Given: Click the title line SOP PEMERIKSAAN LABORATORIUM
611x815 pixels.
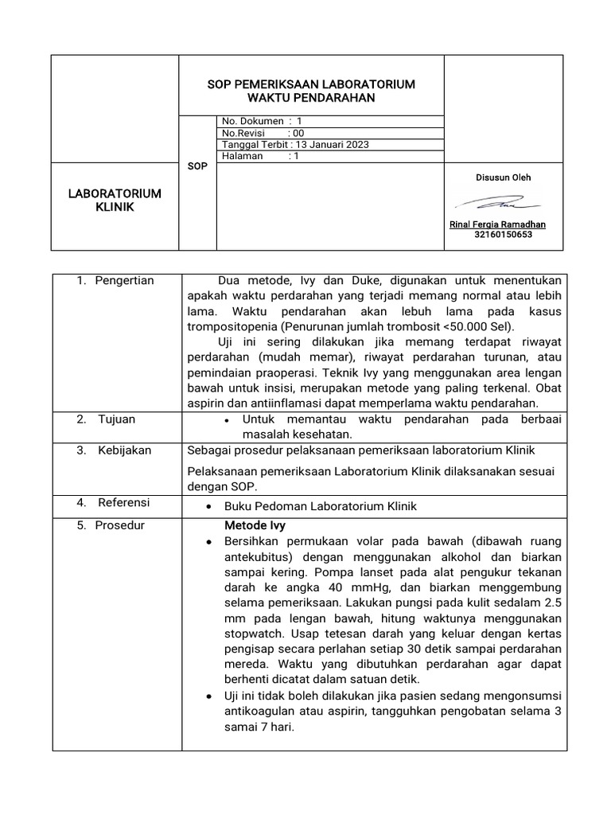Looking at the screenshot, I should click(310, 84).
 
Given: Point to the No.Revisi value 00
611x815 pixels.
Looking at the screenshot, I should click(298, 133).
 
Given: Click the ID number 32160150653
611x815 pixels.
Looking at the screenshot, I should click(503, 236).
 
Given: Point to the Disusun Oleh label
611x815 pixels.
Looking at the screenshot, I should click(503, 177).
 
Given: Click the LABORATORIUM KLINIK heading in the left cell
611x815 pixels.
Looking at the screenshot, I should click(116, 201).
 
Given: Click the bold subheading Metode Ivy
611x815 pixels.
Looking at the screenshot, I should click(255, 526).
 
